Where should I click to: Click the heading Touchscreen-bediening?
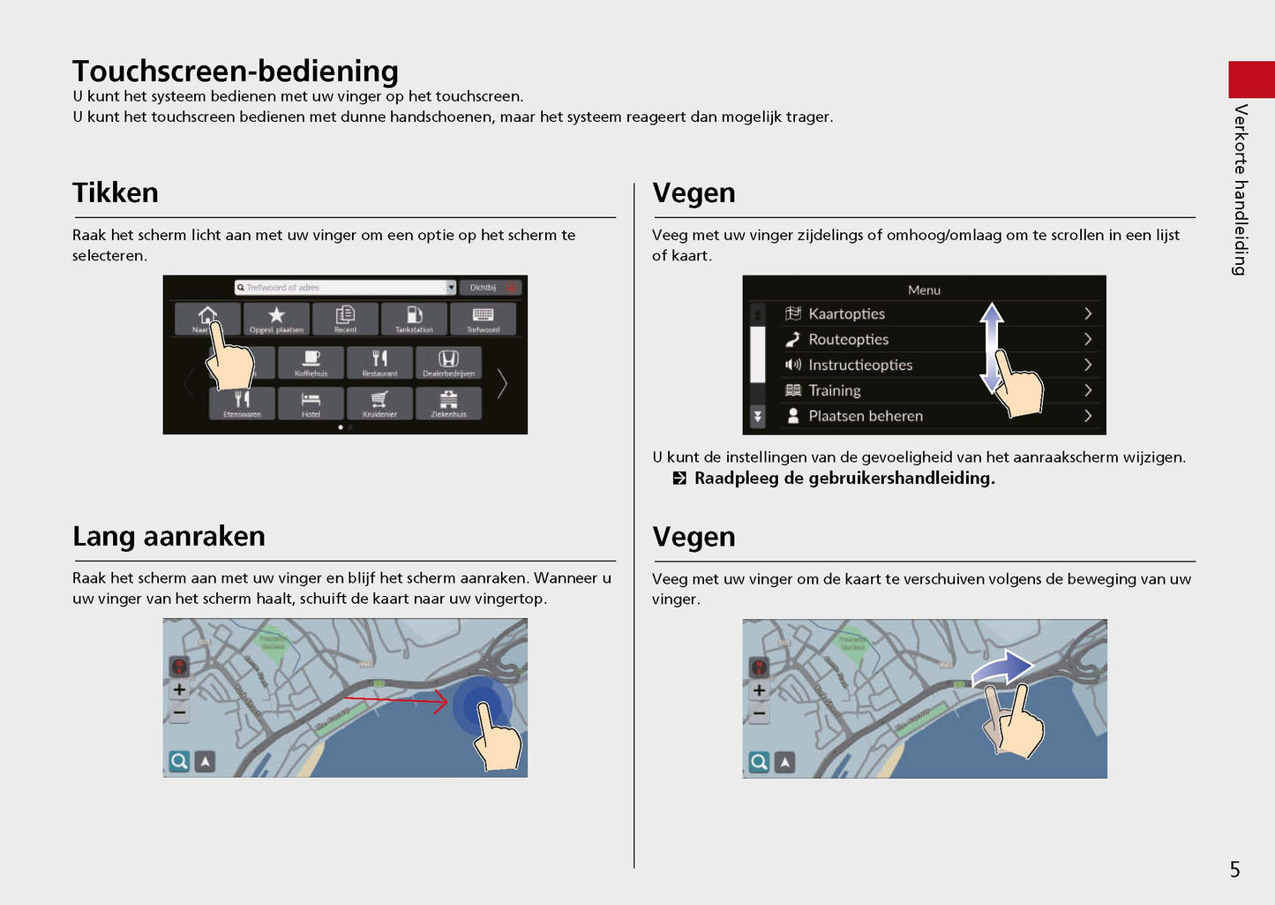(235, 71)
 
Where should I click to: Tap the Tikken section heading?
(116, 192)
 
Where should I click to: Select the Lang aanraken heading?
(169, 536)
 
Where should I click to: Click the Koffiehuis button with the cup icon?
(311, 362)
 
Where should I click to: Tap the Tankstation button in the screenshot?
(414, 319)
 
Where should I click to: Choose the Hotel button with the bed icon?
(311, 403)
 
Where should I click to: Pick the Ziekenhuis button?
(448, 403)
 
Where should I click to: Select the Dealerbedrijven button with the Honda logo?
(448, 362)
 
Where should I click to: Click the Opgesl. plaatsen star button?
(276, 319)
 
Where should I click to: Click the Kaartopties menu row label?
(846, 313)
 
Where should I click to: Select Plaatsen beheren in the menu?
(865, 416)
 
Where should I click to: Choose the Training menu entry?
(834, 390)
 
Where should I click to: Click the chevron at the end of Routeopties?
(1087, 339)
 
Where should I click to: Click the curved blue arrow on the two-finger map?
(1002, 668)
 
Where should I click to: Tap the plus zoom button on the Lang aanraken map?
(179, 690)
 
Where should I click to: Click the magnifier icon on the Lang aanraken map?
(179, 761)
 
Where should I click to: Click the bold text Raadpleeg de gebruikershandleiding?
(844, 479)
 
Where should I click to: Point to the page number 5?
(1234, 870)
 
